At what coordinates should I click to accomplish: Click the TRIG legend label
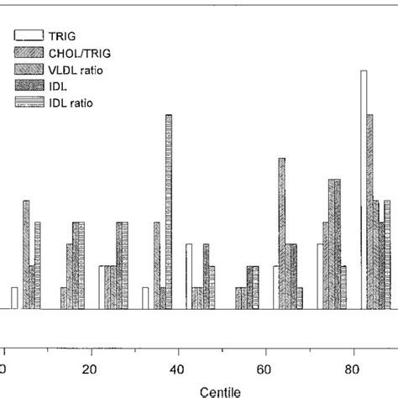(x=66, y=36)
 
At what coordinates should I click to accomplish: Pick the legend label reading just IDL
(x=60, y=86)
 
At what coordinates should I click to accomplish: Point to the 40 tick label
(x=177, y=369)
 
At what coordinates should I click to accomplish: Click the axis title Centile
(x=222, y=390)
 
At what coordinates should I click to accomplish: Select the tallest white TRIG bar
(x=364, y=189)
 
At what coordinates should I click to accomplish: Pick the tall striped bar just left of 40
(x=169, y=212)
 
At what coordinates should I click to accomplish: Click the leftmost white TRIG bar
(x=14, y=298)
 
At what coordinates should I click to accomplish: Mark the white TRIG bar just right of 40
(x=189, y=276)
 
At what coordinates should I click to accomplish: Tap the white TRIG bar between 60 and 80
(x=320, y=276)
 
